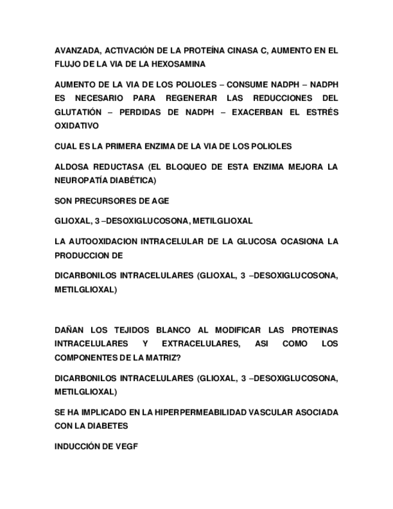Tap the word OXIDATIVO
pos(76,125)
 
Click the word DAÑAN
pos(69,330)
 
